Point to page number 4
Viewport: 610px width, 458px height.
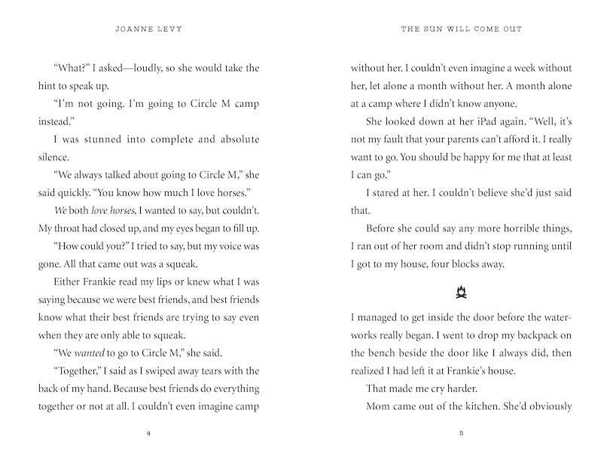[x=150, y=434]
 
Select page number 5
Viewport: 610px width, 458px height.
[x=460, y=434]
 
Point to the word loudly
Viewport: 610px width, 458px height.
[x=133, y=67]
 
